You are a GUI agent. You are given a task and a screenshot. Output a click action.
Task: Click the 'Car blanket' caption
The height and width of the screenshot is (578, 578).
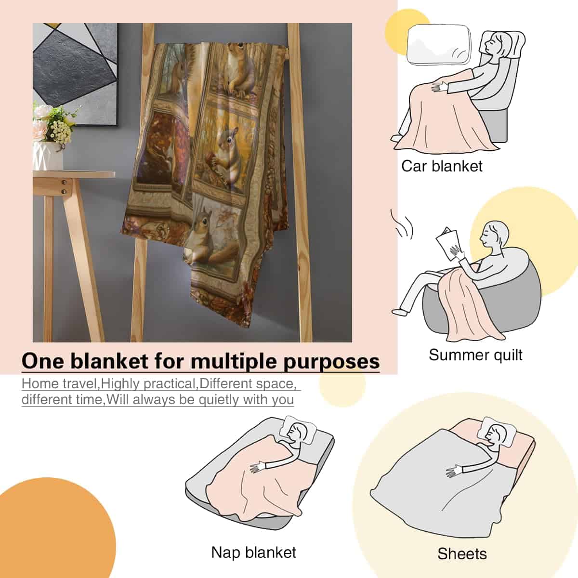point(442,167)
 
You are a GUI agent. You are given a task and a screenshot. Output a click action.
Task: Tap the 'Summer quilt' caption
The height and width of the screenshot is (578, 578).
point(475,355)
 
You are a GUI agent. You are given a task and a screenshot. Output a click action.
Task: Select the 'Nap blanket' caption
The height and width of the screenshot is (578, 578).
point(253,552)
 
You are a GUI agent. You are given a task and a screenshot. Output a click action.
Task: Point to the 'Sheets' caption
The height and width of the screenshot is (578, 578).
point(462,554)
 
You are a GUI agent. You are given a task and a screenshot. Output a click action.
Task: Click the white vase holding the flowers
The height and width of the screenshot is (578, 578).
point(48,156)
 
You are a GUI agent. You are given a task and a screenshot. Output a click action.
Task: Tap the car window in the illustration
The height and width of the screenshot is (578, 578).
point(438,44)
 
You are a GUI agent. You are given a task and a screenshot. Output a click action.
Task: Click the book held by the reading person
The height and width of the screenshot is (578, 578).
point(447,245)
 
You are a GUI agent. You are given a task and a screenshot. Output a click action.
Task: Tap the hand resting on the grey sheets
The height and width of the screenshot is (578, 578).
point(454,471)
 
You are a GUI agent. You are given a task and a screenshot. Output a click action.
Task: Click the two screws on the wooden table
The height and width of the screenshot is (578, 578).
point(64,187)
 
